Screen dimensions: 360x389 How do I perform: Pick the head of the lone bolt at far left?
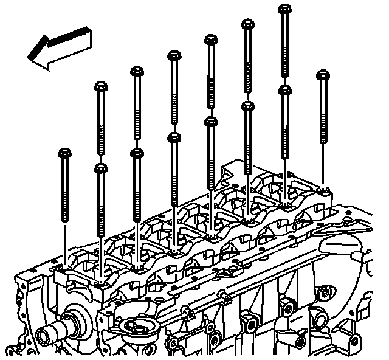64,153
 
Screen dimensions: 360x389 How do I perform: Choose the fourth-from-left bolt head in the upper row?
210,40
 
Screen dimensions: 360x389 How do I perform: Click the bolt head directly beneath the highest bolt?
284,89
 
